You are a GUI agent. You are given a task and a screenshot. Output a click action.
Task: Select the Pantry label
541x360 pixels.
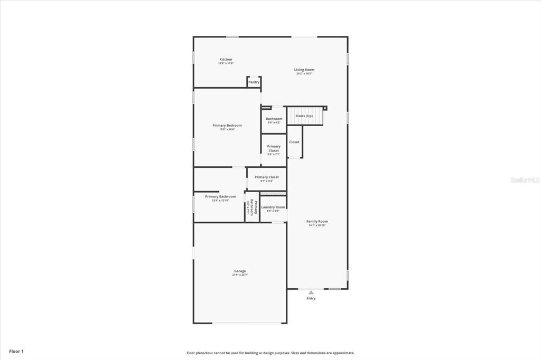pos(254,82)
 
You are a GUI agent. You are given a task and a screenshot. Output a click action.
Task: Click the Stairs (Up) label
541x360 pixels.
pos(304,116)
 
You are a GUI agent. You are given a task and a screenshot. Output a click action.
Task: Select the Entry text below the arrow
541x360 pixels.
pos(311,299)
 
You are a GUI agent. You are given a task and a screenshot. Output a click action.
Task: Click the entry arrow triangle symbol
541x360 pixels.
pos(311,292)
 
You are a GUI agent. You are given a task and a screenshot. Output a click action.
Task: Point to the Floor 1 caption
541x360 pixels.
pos(16,351)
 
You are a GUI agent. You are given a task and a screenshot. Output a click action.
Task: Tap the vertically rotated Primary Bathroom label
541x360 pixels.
pos(253,208)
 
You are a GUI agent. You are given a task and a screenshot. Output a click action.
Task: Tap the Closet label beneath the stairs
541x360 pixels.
pos(294,142)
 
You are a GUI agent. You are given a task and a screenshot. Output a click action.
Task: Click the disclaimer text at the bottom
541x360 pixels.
pos(270,353)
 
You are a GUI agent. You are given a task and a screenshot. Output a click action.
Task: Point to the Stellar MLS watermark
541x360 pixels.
pos(524,180)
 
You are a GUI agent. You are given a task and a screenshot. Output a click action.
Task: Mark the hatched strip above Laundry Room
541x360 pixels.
pos(273,194)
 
